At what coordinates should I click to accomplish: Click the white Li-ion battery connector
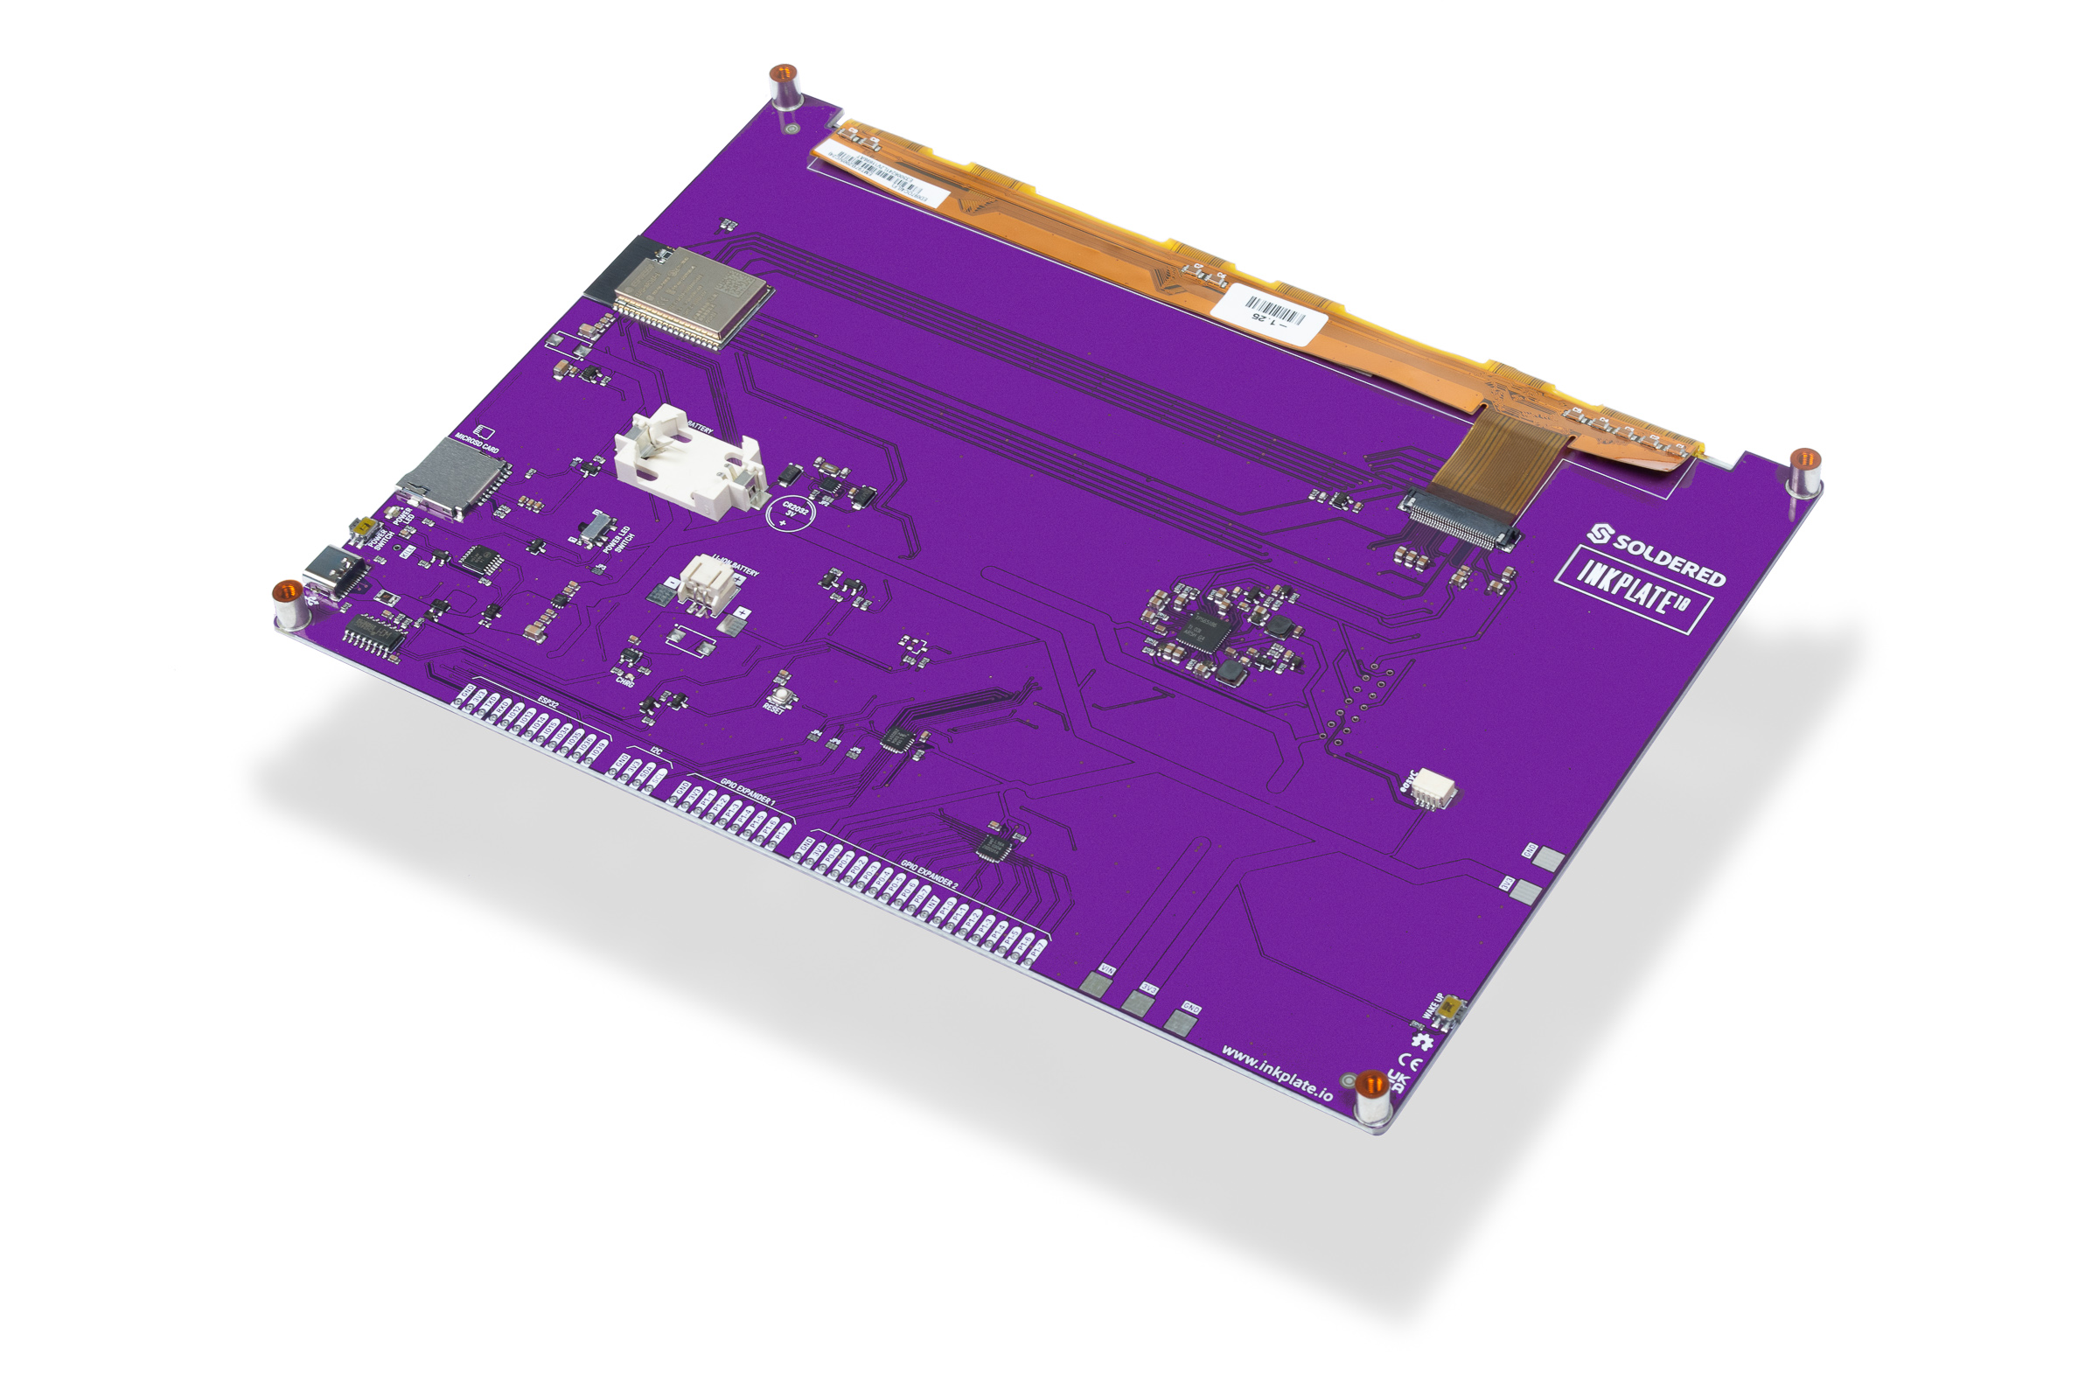[x=709, y=584]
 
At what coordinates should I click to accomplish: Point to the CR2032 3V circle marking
[x=791, y=513]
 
